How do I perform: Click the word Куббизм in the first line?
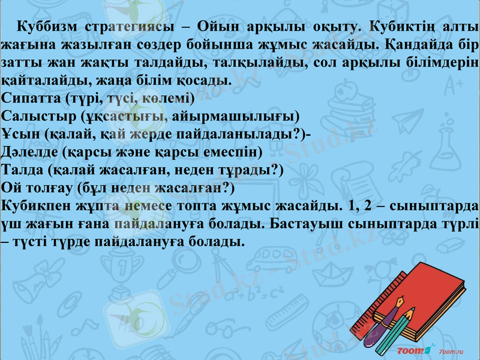click(x=48, y=28)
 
